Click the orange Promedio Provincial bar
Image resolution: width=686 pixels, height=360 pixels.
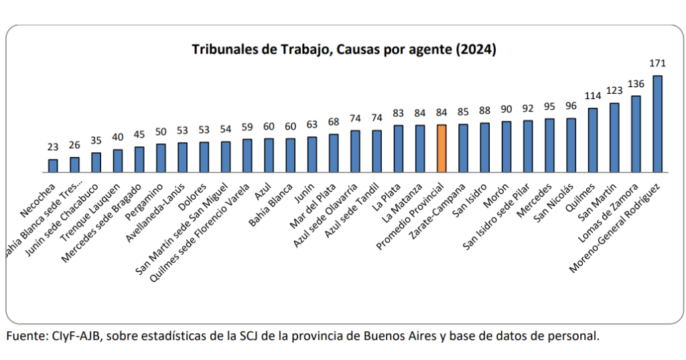441,149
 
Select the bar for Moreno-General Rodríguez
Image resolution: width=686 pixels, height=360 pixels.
657,124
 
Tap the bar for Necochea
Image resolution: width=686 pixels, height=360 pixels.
53,166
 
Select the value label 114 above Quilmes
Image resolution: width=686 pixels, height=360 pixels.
593,96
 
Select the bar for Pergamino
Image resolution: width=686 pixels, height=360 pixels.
161,158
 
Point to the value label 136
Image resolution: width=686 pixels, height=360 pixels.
636,84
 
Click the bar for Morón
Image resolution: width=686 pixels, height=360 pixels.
506,147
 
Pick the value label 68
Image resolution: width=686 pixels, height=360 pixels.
334,122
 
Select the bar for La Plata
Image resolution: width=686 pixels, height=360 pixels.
399,149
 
